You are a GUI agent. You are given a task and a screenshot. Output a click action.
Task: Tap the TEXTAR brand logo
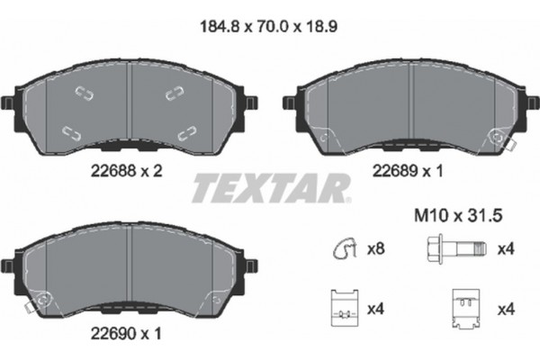[269, 188]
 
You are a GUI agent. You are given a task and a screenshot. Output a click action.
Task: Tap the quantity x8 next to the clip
[378, 249]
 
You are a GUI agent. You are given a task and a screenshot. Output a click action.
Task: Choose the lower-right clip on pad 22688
[186, 132]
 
